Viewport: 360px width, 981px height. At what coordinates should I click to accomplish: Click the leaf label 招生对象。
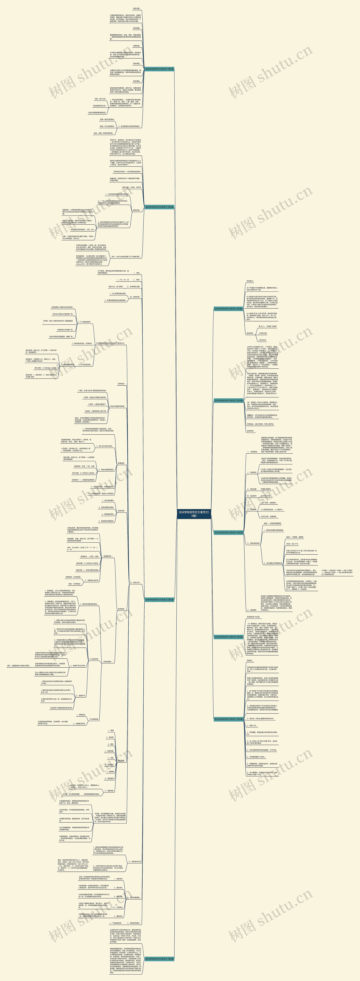[136, 8]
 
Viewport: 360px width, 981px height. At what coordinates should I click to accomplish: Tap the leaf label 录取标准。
[136, 46]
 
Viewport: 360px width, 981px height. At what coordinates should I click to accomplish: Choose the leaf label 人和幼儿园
[263, 333]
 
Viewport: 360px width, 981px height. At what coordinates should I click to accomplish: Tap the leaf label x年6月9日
[263, 340]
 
